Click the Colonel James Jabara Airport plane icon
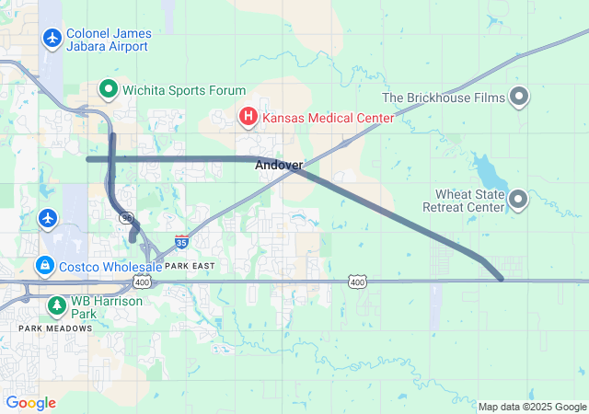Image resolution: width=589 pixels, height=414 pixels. (52, 39)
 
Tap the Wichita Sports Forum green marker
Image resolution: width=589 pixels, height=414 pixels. (108, 90)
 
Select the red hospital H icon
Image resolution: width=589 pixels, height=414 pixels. (248, 118)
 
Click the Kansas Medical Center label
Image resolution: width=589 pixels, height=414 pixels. (328, 118)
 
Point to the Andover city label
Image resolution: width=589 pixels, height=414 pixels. (279, 165)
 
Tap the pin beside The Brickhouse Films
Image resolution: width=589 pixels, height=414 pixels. (519, 98)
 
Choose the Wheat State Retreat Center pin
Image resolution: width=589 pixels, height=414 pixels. (519, 199)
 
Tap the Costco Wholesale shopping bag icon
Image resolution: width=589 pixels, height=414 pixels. (44, 266)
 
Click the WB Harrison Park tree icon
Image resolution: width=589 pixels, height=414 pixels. (56, 304)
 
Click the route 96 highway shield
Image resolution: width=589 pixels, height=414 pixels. (125, 217)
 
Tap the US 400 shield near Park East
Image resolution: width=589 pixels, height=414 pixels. (143, 282)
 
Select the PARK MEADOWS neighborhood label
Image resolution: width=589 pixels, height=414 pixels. (55, 328)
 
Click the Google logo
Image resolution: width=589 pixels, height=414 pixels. (31, 403)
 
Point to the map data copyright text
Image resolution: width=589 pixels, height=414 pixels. (532, 407)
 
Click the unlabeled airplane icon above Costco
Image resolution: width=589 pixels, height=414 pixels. (48, 219)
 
